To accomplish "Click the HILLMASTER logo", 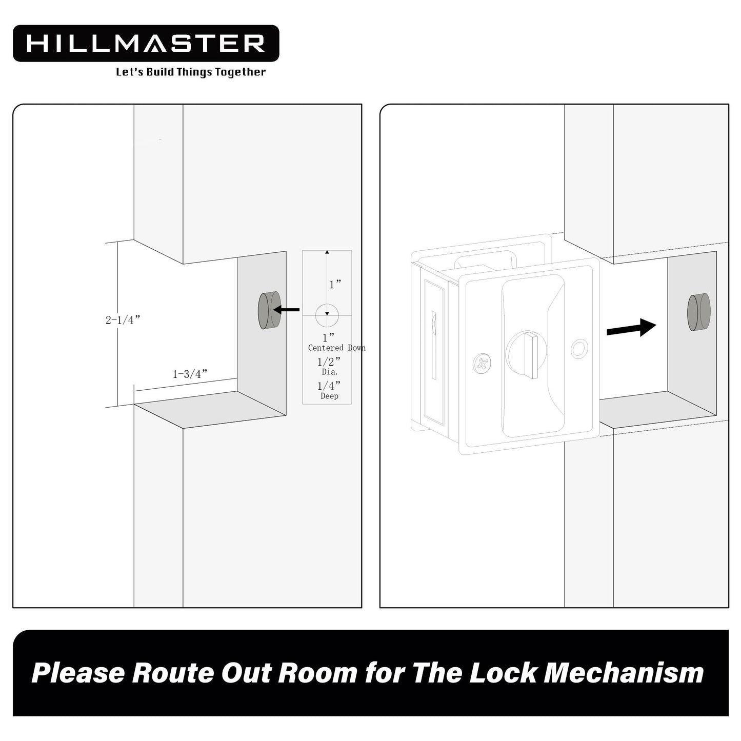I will pyautogui.click(x=146, y=44).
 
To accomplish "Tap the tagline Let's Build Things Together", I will pyautogui.click(x=191, y=72).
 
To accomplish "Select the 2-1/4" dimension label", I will pyautogui.click(x=123, y=320).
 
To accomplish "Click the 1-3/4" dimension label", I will pyautogui.click(x=190, y=374).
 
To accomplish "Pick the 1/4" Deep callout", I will pyautogui.click(x=329, y=390).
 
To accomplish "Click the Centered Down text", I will pyautogui.click(x=336, y=348).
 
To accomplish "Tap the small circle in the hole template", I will pyautogui.click(x=327, y=315).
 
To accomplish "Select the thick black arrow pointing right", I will pyautogui.click(x=631, y=328).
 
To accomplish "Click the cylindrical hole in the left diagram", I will pyautogui.click(x=269, y=310).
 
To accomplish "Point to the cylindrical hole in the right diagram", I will pyautogui.click(x=698, y=312).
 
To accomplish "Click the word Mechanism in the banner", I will pyautogui.click(x=624, y=673).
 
